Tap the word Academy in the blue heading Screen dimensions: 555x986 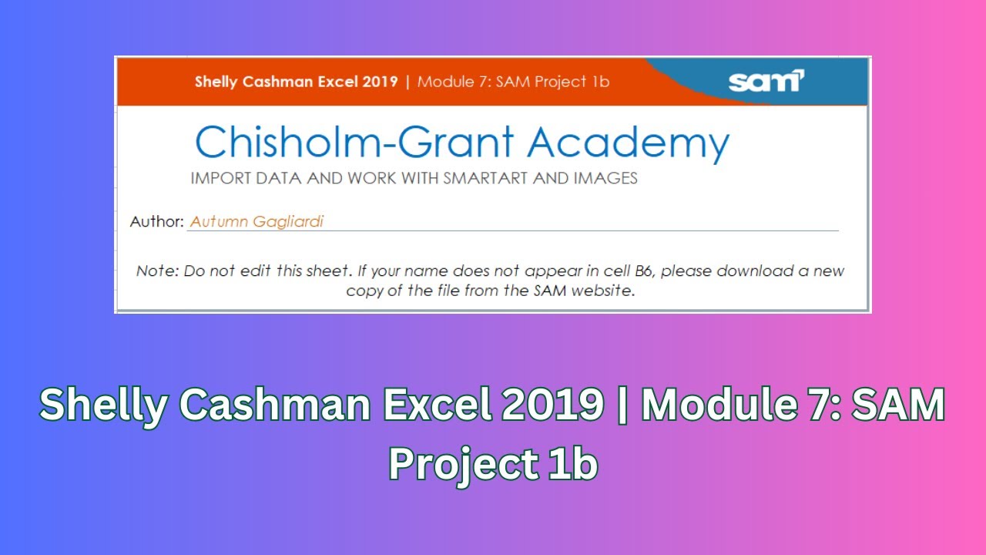point(628,143)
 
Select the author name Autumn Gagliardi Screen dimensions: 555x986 point(257,222)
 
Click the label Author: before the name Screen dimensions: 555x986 point(156,222)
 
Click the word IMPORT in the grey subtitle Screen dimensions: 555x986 point(217,179)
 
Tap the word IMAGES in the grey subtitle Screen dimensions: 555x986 point(605,179)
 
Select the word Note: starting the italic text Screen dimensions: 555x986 point(157,271)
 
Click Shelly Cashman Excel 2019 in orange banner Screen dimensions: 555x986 point(296,82)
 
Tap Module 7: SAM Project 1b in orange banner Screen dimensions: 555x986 point(513,82)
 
